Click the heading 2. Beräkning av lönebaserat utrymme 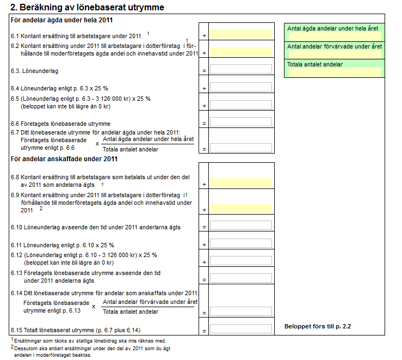click(87, 8)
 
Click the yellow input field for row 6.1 click(240, 34)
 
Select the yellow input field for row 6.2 click(240, 52)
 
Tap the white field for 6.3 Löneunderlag click(240, 69)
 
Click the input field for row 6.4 click(240, 87)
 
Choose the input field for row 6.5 click(240, 105)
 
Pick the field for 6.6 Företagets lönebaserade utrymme click(240, 122)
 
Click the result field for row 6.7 click(240, 148)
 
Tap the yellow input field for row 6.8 click(240, 183)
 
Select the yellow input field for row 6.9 click(240, 208)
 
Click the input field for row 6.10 click(240, 225)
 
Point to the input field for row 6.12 click(240, 261)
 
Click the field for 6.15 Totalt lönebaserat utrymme click(240, 329)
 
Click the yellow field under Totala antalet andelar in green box click(335, 72)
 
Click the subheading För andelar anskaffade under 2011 click(64, 159)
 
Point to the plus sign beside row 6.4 click(204, 88)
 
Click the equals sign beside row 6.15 click(204, 331)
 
